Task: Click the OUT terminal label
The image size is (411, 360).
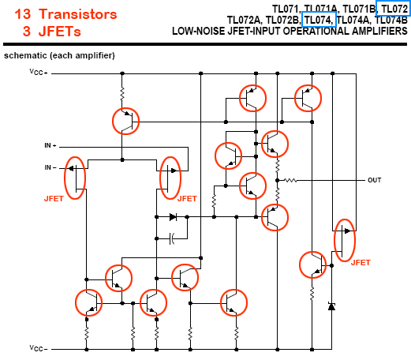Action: click(374, 180)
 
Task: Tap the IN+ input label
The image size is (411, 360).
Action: click(50, 145)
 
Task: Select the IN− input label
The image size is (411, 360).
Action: click(50, 167)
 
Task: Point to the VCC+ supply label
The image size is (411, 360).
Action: click(39, 72)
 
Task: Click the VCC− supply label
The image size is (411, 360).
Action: click(39, 348)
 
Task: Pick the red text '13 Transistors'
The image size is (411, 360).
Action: click(65, 14)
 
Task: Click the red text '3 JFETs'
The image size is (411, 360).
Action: click(52, 31)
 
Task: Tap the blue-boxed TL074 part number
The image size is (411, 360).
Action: click(319, 20)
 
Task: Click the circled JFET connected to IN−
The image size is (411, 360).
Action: click(75, 178)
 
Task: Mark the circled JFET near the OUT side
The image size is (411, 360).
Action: click(345, 240)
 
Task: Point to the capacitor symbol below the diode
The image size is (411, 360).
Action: click(172, 238)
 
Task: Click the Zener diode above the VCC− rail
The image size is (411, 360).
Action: click(331, 306)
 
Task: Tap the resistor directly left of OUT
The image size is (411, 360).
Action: click(290, 180)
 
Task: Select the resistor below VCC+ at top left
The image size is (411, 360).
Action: click(122, 94)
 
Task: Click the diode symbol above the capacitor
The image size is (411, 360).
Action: click(173, 217)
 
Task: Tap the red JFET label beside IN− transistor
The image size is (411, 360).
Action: click(54, 198)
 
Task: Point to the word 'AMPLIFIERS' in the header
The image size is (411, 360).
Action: click(379, 31)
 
